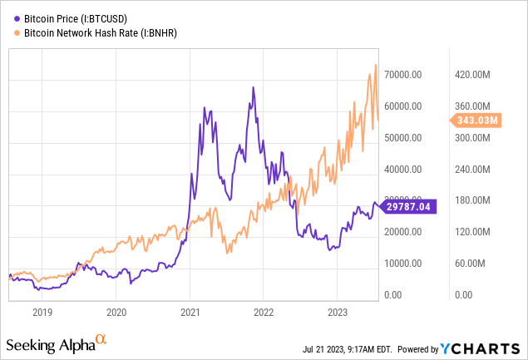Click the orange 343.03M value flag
477,121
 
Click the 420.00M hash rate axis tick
476,74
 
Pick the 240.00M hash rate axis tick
476,169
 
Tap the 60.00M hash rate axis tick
476,264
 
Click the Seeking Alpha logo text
50,344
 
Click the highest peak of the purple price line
252,86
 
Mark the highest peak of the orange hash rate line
376,65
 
